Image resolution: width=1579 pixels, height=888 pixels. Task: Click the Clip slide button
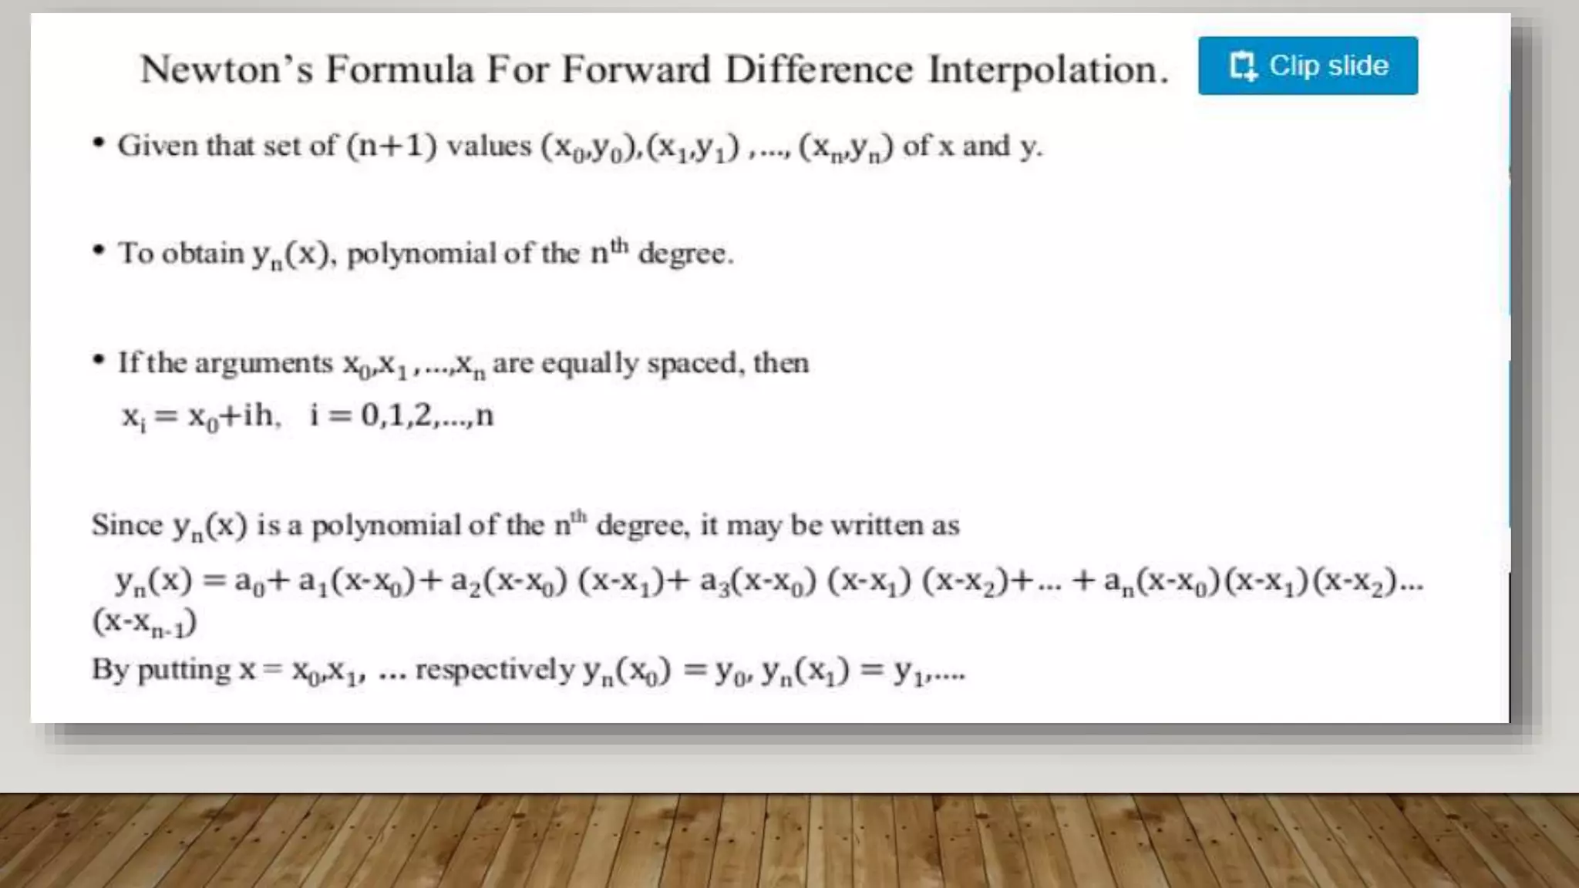1308,66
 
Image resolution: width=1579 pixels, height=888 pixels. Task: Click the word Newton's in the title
227,69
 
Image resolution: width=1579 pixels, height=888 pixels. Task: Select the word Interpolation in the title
1048,70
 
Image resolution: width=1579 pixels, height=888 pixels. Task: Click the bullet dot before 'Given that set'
99,143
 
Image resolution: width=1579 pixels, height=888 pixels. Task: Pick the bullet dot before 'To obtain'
99,250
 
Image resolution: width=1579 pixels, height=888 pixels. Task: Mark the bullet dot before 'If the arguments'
99,359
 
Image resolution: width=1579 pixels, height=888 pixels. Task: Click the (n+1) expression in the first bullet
392,146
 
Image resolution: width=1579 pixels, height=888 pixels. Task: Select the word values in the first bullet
489,146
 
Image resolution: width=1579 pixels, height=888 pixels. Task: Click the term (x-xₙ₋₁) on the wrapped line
144,622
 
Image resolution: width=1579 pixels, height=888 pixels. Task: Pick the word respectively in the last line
495,670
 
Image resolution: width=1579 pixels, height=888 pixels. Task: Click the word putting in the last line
183,670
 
